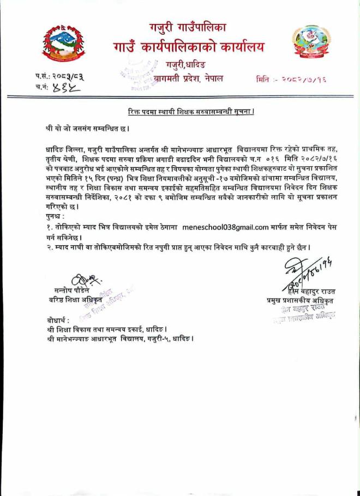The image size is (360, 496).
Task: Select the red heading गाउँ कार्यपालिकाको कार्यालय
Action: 188,47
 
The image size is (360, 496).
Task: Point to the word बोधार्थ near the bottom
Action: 58,319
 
